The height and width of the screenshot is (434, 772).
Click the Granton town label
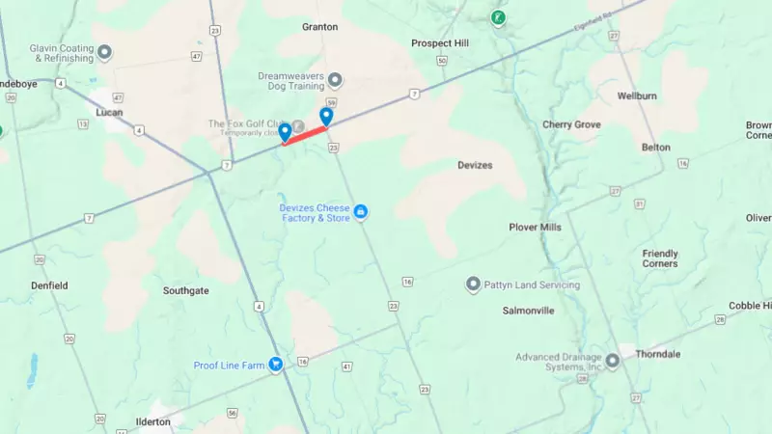319,27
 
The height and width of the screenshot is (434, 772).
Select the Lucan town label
110,113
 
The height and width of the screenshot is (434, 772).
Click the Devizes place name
475,165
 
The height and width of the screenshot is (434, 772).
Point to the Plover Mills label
535,227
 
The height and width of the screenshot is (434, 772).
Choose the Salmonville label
528,311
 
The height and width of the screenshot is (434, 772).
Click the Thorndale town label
657,354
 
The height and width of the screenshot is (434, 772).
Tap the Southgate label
185,290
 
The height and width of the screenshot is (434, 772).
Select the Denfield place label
49,285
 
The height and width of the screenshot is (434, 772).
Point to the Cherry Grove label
571,124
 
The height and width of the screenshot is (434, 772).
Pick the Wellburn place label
637,96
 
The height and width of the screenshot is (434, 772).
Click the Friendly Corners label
660,258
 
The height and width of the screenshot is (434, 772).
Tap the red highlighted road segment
306,134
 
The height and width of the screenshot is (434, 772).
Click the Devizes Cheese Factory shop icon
360,211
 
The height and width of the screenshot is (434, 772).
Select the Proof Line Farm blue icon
276,365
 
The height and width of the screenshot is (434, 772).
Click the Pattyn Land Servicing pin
473,285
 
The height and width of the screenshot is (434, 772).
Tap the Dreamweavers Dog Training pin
335,80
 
